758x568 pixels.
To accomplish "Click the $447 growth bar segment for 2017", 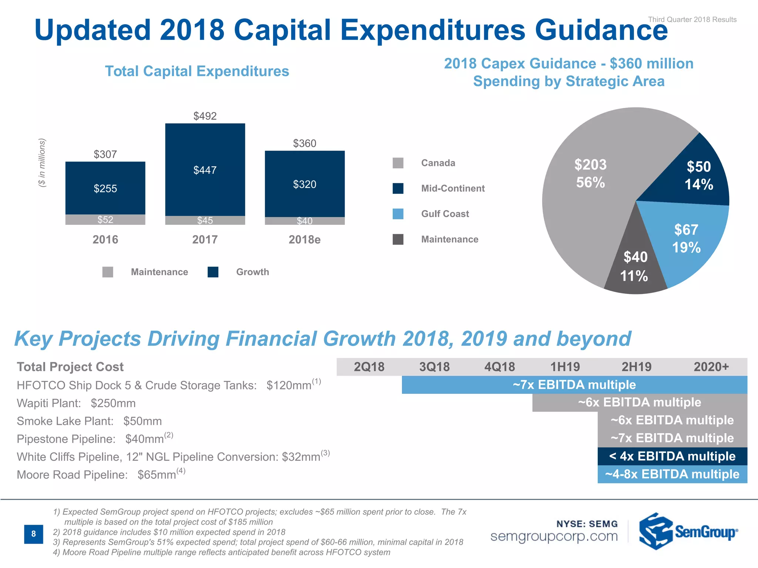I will pyautogui.click(x=205, y=170).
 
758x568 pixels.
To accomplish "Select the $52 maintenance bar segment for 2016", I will pyautogui.click(x=105, y=220).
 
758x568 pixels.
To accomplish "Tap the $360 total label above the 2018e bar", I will pyautogui.click(x=304, y=143).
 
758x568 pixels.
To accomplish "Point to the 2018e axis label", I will pyautogui.click(x=304, y=240).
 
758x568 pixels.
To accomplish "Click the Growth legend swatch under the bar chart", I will pyautogui.click(x=213, y=272).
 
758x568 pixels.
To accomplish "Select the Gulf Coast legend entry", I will pyautogui.click(x=445, y=214).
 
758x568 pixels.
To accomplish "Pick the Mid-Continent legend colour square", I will pyautogui.click(x=398, y=189).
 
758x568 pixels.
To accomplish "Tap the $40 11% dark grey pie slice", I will pyautogui.click(x=635, y=266).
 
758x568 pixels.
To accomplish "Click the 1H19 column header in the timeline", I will pyautogui.click(x=565, y=367).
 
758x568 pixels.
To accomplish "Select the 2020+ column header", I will pyautogui.click(x=711, y=367).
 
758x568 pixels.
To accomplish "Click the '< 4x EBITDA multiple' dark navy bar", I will pyautogui.click(x=672, y=456).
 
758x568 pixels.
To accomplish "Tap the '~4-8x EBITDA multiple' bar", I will pyautogui.click(x=672, y=474).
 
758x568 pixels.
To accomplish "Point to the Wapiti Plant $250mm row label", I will pyautogui.click(x=76, y=403).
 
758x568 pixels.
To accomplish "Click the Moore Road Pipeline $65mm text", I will pyautogui.click(x=101, y=474).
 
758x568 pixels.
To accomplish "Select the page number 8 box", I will pyautogui.click(x=33, y=534).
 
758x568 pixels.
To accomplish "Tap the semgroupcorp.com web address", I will pyautogui.click(x=554, y=536).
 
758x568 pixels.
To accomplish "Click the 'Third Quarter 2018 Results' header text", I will pyautogui.click(x=692, y=20).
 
